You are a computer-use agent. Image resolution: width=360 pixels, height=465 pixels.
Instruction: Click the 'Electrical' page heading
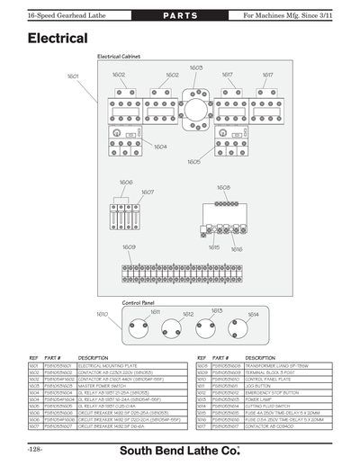coord(57,40)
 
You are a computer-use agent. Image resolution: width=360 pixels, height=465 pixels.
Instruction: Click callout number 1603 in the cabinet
coord(196,68)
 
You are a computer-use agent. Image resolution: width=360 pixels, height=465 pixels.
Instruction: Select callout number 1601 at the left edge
coord(73,76)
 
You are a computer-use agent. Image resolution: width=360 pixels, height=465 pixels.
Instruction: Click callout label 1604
coord(160,146)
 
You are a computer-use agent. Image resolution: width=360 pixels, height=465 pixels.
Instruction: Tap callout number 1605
coord(193,162)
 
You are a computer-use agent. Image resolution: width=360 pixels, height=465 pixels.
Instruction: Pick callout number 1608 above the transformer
coord(222,187)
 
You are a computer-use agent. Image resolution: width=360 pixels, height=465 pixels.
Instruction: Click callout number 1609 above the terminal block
coord(129,246)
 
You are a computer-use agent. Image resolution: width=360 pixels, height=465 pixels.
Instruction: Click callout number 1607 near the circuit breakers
coord(148,192)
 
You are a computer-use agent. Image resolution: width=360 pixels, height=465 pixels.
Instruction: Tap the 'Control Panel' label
coord(139,303)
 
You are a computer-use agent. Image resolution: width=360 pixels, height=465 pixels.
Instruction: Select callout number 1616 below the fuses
coord(237,249)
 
